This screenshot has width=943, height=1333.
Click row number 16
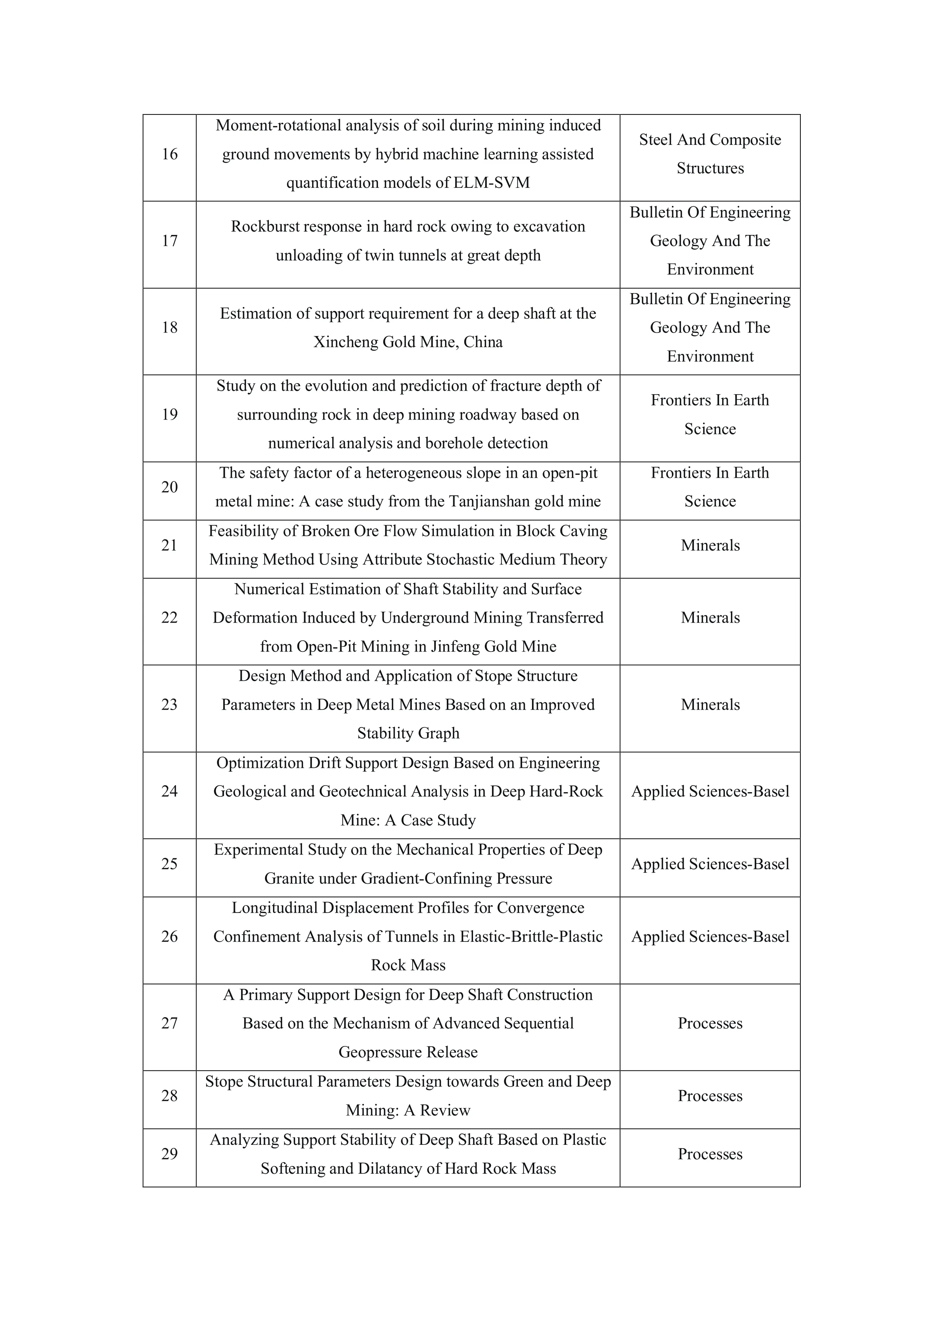170,154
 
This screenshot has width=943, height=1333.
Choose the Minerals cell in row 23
710,705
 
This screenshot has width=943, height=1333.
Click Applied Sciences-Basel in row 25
710,864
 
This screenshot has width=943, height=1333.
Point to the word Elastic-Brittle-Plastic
531,937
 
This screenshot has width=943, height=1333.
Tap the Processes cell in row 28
710,1096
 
